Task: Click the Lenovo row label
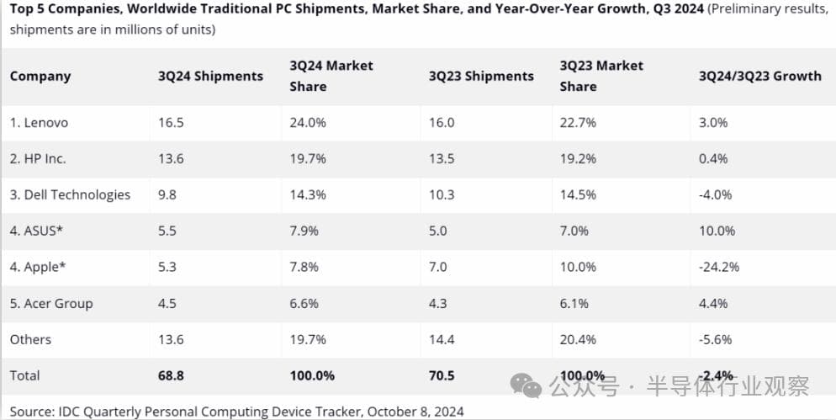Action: [39, 122]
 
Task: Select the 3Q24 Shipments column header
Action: [210, 76]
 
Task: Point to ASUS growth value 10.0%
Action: [717, 231]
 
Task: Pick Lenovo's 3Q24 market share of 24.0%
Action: [309, 122]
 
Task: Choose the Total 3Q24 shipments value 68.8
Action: [171, 375]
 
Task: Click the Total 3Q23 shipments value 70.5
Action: [442, 375]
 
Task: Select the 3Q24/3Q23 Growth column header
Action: [759, 76]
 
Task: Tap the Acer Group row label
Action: [51, 303]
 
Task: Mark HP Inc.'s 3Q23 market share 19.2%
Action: [578, 158]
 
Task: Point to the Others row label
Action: [30, 339]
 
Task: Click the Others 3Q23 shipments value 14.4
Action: [442, 339]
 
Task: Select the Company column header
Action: [40, 76]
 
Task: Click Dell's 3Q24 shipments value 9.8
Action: [167, 194]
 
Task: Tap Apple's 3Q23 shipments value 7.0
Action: [438, 267]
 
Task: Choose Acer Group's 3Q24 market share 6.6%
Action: [305, 303]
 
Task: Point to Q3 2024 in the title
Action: [678, 9]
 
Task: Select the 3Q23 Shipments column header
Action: [481, 76]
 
